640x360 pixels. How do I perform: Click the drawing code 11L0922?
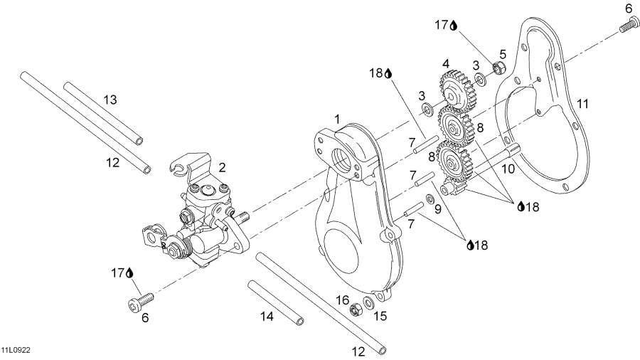pyautogui.click(x=15, y=351)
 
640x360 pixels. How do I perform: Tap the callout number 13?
pyautogui.click(x=110, y=100)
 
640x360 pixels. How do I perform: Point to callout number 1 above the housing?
pyautogui.click(x=337, y=117)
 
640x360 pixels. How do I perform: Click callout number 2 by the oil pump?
pyautogui.click(x=223, y=168)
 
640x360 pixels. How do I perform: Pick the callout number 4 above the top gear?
pyautogui.click(x=446, y=63)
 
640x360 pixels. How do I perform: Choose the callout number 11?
pyautogui.click(x=582, y=105)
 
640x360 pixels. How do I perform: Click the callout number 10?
pyautogui.click(x=507, y=169)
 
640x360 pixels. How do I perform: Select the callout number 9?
pyautogui.click(x=438, y=208)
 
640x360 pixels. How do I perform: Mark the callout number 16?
pyautogui.click(x=343, y=300)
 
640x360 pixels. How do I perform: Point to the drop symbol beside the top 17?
pyautogui.click(x=453, y=26)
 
